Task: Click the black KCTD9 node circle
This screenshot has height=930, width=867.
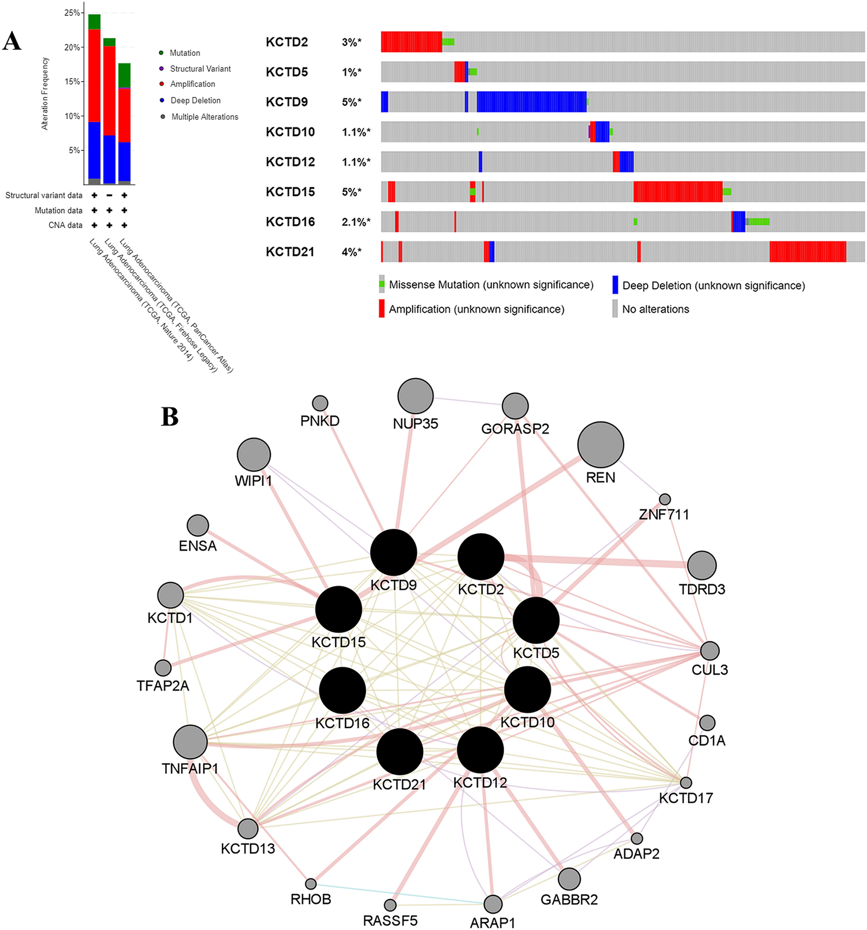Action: point(393,552)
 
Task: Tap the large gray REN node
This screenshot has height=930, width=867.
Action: point(600,444)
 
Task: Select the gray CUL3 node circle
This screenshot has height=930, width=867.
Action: point(709,651)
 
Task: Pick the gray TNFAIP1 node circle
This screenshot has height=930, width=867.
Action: point(190,742)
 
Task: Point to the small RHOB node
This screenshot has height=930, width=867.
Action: point(311,884)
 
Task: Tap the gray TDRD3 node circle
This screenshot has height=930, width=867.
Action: point(702,565)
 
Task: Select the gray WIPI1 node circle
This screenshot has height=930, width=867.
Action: point(254,454)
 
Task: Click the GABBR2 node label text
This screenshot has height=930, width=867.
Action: point(568,900)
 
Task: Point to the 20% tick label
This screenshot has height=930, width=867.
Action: point(72,47)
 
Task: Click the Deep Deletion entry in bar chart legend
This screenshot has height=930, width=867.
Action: point(195,101)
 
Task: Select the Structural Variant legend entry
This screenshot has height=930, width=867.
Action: point(200,69)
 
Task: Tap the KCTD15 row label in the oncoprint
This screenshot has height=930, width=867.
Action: point(290,192)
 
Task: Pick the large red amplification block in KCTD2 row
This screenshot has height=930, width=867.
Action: point(411,41)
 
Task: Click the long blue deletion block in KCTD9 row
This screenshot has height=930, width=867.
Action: point(531,102)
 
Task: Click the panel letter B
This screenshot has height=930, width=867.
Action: point(169,416)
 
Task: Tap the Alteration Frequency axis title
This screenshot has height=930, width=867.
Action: point(45,93)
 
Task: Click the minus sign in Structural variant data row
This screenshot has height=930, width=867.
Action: point(109,195)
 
